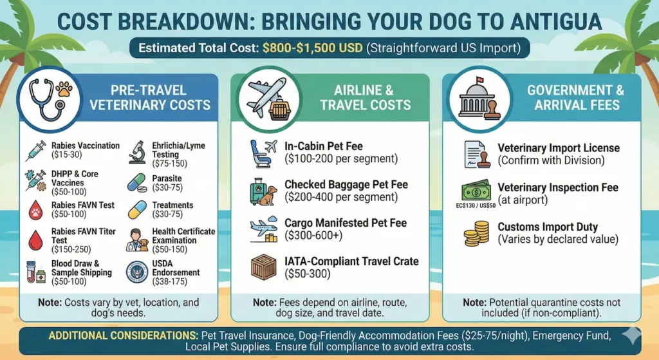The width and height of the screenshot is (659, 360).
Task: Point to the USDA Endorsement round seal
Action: [138, 271]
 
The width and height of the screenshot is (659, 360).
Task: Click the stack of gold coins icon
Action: [476, 234]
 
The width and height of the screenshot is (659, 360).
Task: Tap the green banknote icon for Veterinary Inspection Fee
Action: [476, 191]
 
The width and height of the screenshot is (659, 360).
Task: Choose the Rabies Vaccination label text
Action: [86, 146]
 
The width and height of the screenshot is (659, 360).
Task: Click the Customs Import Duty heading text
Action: [548, 227]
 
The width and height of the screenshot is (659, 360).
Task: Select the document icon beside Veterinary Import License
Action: [476, 153]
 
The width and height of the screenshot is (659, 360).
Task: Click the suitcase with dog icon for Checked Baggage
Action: [264, 191]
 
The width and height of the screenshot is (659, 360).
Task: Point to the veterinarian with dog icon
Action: [138, 240]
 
